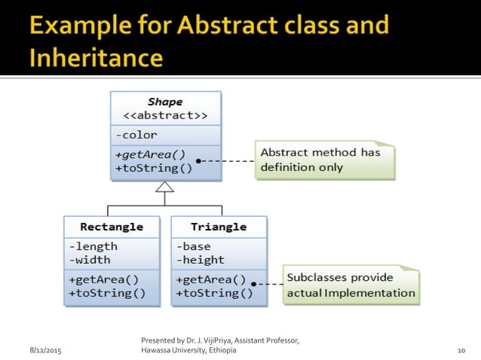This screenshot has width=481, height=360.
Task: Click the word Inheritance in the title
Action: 96,58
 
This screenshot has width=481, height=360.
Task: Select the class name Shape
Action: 165,102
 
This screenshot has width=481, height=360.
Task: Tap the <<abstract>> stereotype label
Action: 165,116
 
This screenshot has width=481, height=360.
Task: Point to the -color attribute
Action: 136,136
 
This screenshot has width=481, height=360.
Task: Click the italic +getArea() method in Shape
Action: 150,154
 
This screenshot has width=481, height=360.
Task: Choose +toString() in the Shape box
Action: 154,167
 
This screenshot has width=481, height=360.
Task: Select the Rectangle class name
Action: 112,227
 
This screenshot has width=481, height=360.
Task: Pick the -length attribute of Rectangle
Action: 93,246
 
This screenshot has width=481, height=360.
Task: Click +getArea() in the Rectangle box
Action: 103,279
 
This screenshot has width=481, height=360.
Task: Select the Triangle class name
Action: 219,227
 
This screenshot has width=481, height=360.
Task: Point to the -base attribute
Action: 194,246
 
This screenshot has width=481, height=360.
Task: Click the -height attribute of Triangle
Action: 200,260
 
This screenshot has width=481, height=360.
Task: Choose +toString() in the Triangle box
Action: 214,293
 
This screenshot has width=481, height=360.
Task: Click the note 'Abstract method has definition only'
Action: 324,160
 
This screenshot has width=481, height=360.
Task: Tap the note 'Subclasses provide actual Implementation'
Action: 351,285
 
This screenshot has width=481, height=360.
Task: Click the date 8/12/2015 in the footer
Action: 46,351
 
